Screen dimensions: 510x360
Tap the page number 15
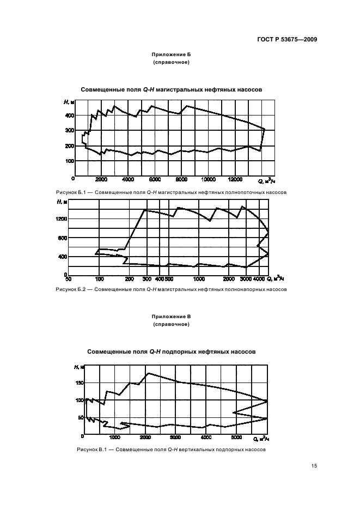click(x=314, y=466)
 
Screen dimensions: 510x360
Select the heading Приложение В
click(x=171, y=317)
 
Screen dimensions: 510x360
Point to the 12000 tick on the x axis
click(x=235, y=179)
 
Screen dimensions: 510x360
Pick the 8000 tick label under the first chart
click(x=182, y=179)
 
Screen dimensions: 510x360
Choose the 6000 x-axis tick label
click(x=155, y=179)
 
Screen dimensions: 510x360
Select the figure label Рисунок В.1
click(x=90, y=450)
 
